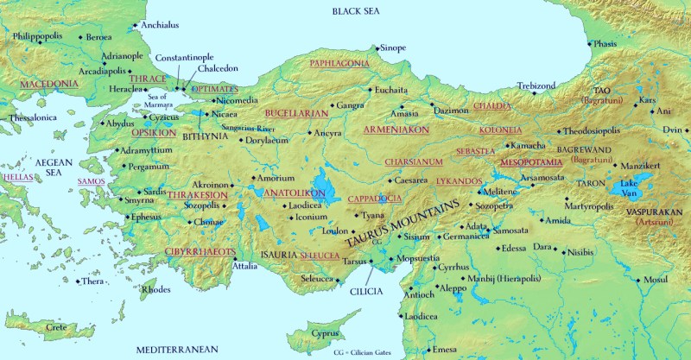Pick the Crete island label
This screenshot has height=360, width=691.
point(56,329)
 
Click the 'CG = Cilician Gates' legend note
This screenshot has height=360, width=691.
point(368,352)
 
